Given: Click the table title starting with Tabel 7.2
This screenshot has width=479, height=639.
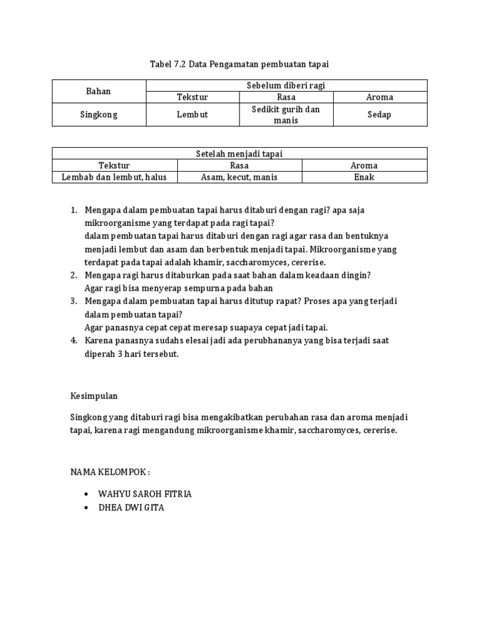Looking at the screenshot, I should pyautogui.click(x=239, y=64).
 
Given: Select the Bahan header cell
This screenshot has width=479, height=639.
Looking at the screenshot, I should pyautogui.click(x=99, y=91).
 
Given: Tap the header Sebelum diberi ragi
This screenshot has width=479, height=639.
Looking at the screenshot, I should pyautogui.click(x=286, y=85).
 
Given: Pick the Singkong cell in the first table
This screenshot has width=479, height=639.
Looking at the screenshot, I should pyautogui.click(x=99, y=115).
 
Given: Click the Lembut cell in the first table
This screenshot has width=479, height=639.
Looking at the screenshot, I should pyautogui.click(x=192, y=115).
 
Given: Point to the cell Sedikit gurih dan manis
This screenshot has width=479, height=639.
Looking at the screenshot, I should pyautogui.click(x=286, y=115).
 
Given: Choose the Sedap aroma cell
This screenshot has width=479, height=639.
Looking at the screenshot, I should pyautogui.click(x=379, y=115).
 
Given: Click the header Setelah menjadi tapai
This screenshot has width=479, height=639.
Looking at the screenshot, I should pyautogui.click(x=239, y=154).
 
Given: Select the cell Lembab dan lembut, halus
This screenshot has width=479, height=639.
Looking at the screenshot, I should pyautogui.click(x=114, y=177).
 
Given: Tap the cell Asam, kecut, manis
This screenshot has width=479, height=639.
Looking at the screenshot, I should pyautogui.click(x=239, y=177).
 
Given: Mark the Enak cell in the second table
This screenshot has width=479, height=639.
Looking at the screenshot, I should pyautogui.click(x=364, y=177).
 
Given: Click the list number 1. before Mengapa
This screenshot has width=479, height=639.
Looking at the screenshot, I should pyautogui.click(x=74, y=210).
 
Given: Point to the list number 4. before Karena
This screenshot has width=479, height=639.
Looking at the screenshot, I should pyautogui.click(x=74, y=340).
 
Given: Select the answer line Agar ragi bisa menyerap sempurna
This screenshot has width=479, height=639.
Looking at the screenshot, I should pyautogui.click(x=179, y=288).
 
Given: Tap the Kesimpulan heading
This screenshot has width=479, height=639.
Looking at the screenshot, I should pyautogui.click(x=94, y=396).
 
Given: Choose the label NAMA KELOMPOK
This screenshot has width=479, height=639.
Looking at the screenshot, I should pyautogui.click(x=110, y=471).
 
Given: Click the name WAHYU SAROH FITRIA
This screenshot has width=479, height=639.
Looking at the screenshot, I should pyautogui.click(x=145, y=494).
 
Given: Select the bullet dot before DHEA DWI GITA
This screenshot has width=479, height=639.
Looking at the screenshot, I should pyautogui.click(x=85, y=508).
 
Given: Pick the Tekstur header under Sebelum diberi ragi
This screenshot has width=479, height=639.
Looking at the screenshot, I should pyautogui.click(x=192, y=97).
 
